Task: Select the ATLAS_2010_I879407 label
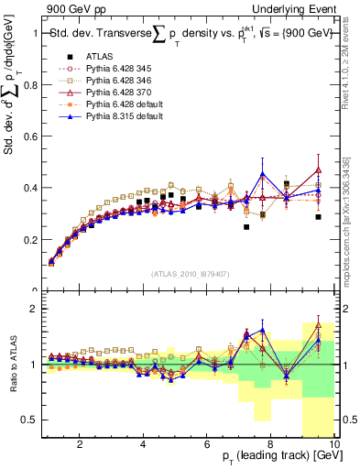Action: [190, 272]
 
